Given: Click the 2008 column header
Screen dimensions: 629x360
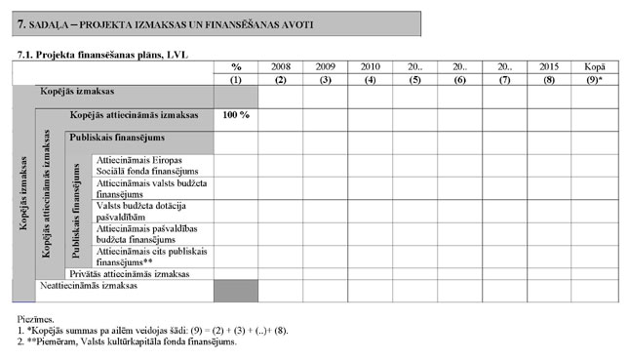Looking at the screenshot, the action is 280,65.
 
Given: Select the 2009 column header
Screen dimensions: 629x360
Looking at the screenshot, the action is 325,65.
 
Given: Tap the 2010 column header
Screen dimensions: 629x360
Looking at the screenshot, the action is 370,65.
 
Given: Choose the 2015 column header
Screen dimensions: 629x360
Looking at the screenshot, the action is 549,65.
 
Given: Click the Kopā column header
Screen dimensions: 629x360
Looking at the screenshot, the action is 594,65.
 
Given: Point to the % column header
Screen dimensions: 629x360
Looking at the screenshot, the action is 236,65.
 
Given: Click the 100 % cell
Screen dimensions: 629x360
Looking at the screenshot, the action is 236,115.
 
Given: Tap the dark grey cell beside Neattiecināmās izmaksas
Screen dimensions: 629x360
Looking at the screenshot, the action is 236,291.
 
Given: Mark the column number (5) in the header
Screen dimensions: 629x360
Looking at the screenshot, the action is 414,79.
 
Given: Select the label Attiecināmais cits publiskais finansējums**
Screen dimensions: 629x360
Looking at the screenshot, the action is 151,257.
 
